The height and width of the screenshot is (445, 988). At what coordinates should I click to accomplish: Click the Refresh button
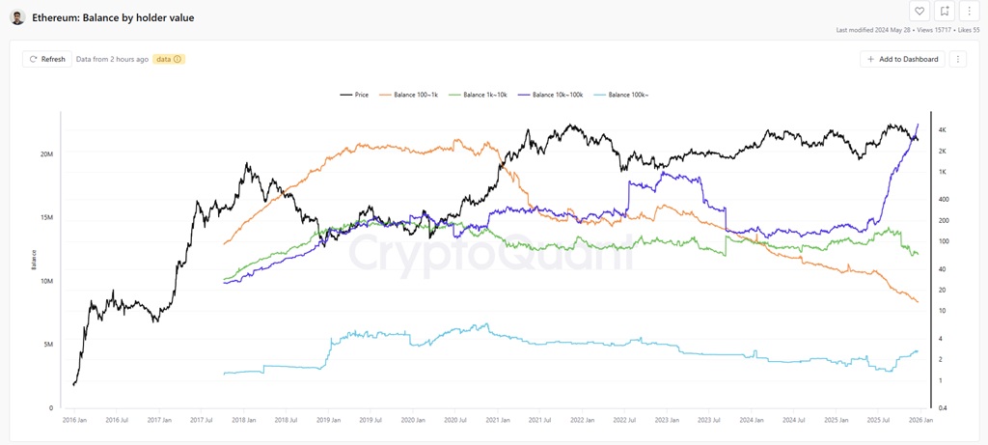point(48,59)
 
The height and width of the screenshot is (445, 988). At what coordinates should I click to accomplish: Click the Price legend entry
point(355,95)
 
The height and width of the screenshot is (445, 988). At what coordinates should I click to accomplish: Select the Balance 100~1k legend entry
point(413,95)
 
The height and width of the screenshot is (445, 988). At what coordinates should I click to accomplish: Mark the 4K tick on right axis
point(943,130)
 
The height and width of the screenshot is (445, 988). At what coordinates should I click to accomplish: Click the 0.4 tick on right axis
point(943,408)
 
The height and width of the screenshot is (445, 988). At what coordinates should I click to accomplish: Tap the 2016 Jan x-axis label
point(75,421)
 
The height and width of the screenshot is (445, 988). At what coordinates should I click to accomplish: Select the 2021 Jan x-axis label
point(498,421)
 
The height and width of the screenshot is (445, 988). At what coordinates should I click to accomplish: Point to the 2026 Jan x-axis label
point(919,421)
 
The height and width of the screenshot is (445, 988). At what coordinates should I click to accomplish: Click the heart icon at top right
point(919,12)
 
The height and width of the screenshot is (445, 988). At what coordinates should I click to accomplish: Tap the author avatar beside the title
point(17,17)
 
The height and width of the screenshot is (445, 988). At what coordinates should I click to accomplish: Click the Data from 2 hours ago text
point(112,59)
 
